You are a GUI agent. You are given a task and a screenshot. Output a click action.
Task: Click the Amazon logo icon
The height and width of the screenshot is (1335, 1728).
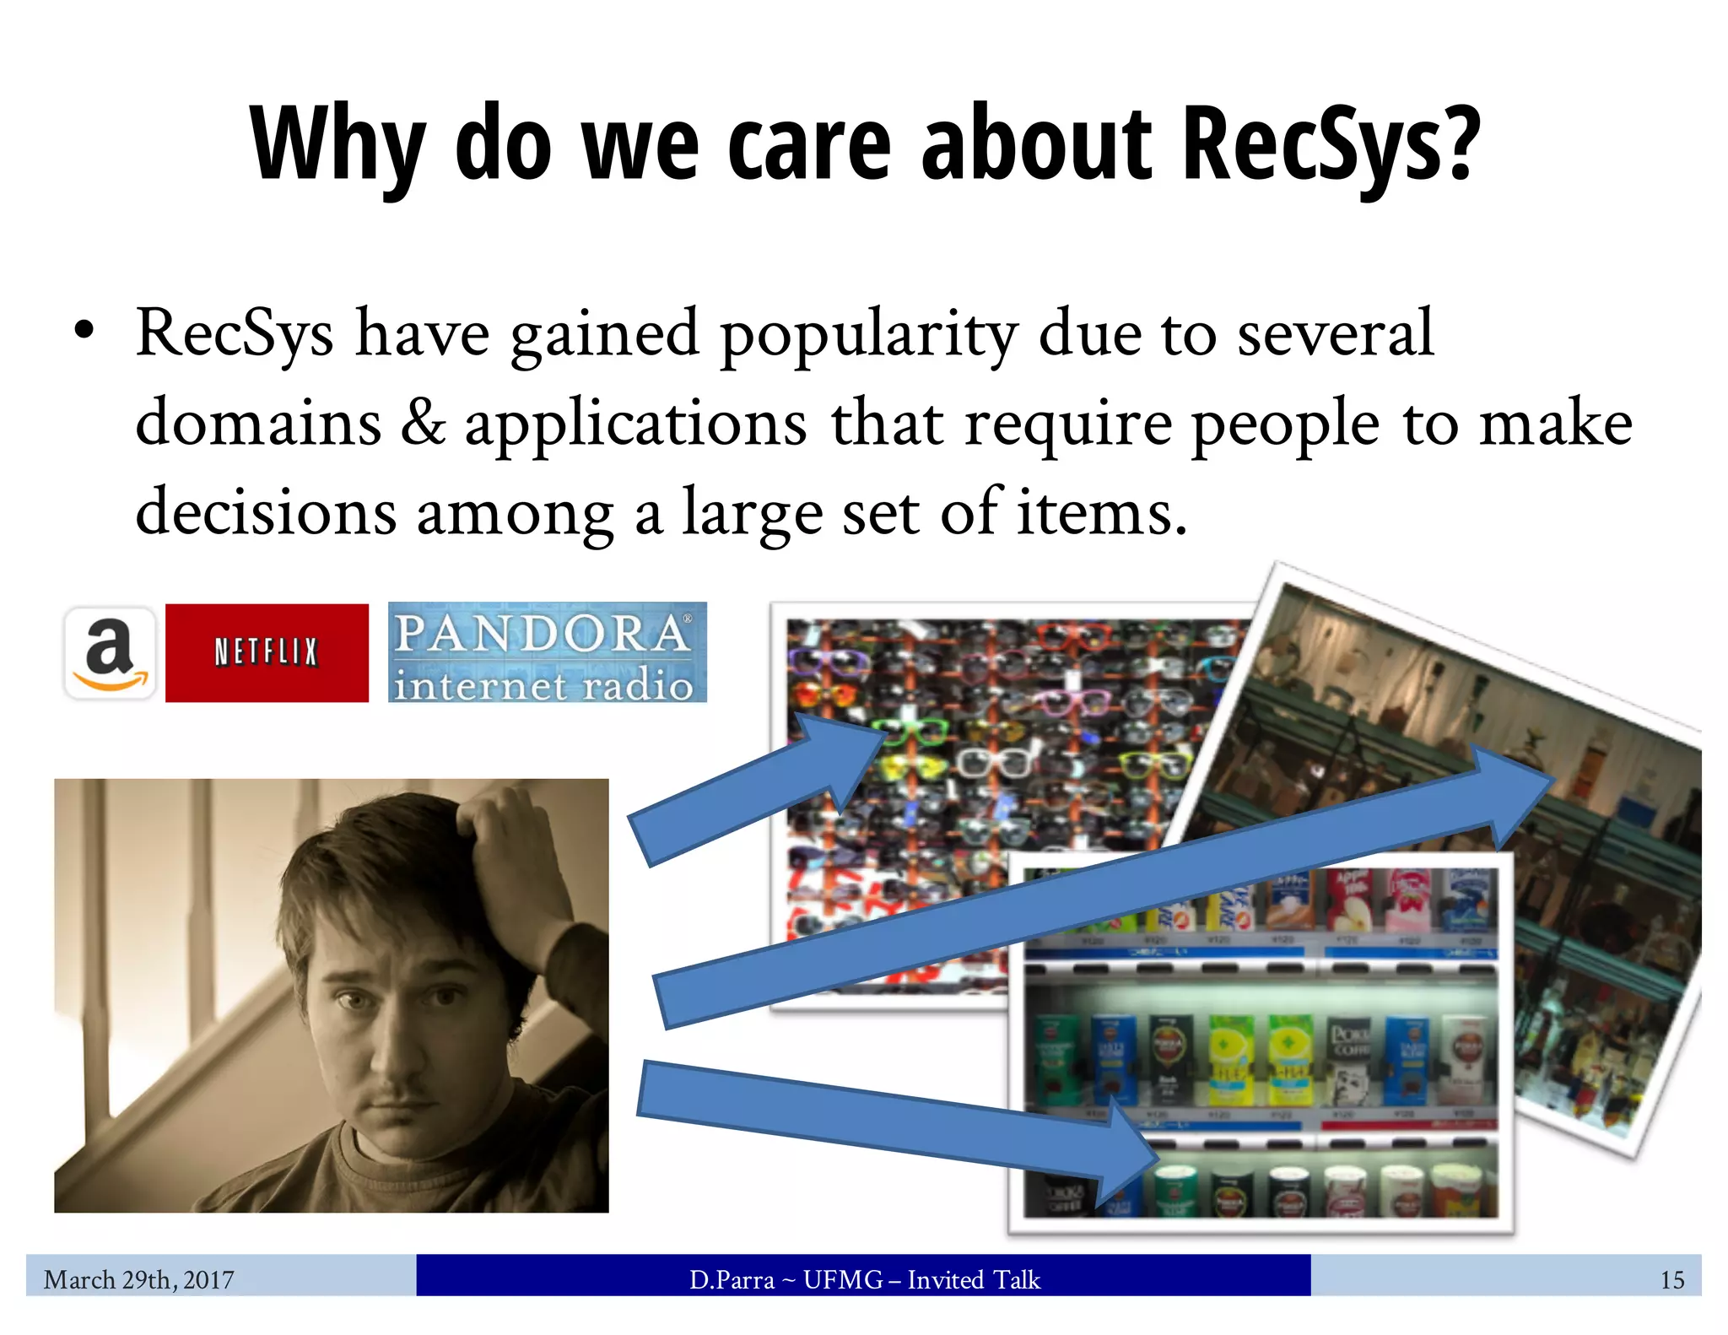[x=110, y=653]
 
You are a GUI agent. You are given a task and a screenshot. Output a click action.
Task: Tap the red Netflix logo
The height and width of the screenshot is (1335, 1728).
[x=267, y=652]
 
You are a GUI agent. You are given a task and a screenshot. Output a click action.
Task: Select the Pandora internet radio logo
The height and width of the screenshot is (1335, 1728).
[x=547, y=652]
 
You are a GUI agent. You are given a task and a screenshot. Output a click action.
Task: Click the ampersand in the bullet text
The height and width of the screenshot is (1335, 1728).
[x=422, y=423]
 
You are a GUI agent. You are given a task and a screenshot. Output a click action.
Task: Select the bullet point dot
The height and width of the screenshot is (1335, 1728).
[x=83, y=331]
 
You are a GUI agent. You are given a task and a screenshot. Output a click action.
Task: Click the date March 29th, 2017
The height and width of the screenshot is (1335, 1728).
[x=139, y=1279]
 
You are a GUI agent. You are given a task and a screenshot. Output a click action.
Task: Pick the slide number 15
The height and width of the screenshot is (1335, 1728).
[x=1671, y=1280]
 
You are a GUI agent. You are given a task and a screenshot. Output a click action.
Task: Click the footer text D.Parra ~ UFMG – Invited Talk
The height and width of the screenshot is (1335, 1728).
[x=864, y=1279]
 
